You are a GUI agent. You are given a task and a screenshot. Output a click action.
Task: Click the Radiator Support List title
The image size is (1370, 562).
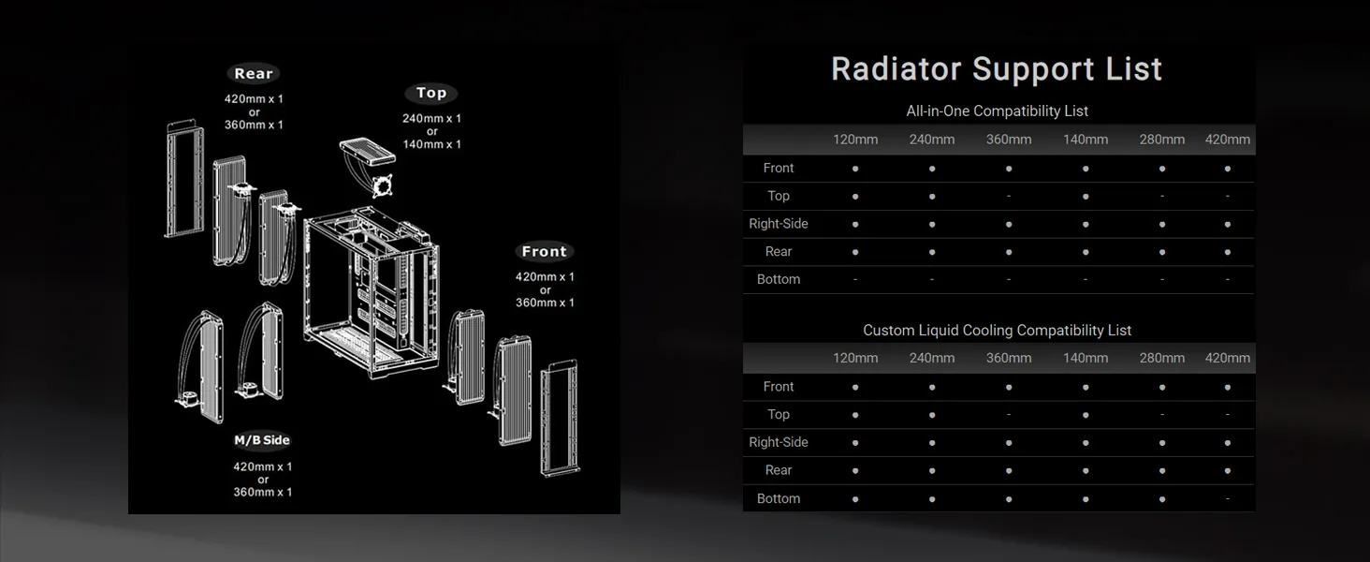tap(997, 68)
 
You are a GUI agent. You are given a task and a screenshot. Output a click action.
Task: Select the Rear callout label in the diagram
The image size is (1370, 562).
tap(254, 73)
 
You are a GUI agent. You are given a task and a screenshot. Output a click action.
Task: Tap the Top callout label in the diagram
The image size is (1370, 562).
tap(431, 93)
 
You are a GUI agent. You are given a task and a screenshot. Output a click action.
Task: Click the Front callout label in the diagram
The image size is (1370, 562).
tap(545, 252)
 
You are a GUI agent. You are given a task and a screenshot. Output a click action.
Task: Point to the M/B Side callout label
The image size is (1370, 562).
tap(262, 440)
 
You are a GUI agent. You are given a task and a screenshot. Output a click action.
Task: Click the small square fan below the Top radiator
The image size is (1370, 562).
tap(383, 185)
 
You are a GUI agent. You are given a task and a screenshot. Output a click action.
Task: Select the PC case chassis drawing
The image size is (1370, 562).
tap(372, 291)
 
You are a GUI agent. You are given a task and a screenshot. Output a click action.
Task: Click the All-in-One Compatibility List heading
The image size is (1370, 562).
tap(997, 111)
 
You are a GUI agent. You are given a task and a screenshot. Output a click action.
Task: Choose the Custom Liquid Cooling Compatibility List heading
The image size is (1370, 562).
tap(997, 330)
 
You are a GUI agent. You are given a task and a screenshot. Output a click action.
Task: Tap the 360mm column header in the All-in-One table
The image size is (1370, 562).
tap(1009, 140)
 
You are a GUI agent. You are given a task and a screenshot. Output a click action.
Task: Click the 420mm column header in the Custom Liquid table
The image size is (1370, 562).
tap(1228, 358)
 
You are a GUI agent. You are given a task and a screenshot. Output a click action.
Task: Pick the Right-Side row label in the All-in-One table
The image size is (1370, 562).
tap(778, 224)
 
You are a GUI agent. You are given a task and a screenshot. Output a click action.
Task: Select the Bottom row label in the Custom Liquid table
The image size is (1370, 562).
tap(778, 498)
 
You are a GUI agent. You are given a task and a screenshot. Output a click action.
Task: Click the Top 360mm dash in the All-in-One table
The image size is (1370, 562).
tap(1009, 197)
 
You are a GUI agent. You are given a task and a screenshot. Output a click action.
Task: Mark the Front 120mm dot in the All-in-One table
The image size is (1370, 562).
tap(855, 169)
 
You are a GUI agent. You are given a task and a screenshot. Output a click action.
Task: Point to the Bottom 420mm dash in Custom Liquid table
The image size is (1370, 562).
tap(1228, 499)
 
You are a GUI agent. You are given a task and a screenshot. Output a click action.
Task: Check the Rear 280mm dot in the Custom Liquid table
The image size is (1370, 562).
tap(1162, 471)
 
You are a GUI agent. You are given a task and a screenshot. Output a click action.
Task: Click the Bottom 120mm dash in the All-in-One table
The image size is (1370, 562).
tap(855, 280)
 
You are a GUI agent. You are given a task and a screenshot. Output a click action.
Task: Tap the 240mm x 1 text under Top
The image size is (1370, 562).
tap(431, 118)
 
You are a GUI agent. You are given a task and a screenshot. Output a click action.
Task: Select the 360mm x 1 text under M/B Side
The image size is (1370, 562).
tap(262, 492)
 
